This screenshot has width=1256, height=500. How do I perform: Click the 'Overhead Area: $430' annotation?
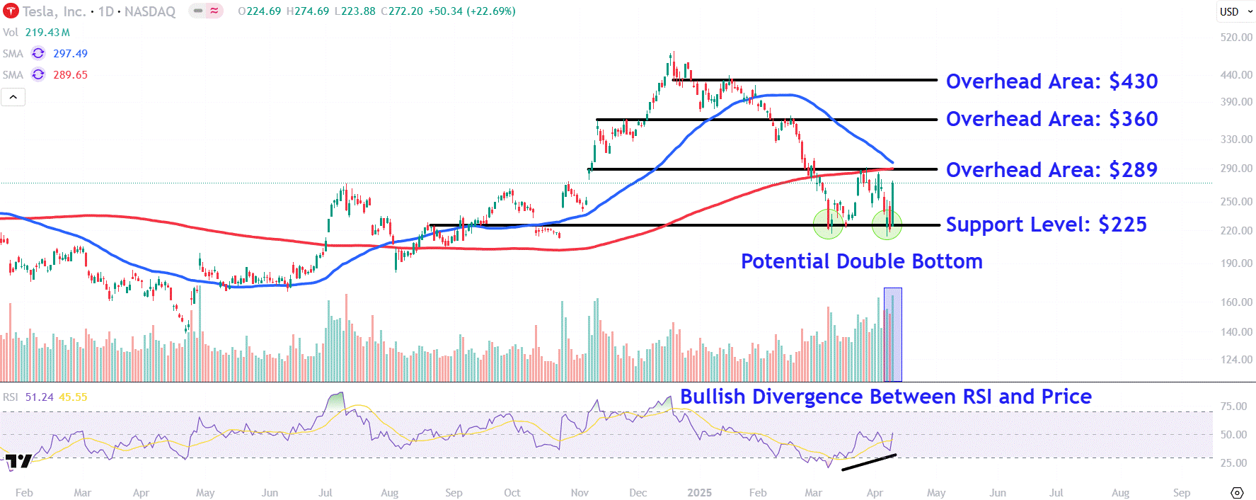click(x=1052, y=81)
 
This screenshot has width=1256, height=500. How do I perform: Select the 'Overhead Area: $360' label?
click(x=1052, y=119)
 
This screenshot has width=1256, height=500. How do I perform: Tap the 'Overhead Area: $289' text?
click(x=1052, y=170)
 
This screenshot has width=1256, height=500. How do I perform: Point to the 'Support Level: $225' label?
click(x=1046, y=225)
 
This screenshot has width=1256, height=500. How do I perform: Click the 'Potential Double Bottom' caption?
click(x=861, y=261)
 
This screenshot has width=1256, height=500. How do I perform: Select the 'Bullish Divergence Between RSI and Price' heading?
click(x=885, y=397)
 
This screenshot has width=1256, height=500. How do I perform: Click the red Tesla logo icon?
click(x=11, y=11)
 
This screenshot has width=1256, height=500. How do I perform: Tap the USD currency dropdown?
click(x=1235, y=11)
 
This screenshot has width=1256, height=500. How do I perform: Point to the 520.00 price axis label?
click(x=1235, y=37)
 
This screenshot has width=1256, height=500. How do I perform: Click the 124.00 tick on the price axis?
click(x=1235, y=360)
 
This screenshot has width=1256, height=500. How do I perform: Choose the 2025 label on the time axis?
click(x=699, y=493)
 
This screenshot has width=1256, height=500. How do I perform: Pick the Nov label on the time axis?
click(x=580, y=493)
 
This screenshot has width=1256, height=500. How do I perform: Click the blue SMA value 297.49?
click(x=70, y=54)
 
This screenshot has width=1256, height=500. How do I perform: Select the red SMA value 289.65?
click(x=70, y=75)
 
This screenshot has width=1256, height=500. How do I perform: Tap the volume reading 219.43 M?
click(x=47, y=33)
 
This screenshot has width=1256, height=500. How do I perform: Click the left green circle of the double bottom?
click(x=829, y=225)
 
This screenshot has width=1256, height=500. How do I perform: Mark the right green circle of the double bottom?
click(x=887, y=225)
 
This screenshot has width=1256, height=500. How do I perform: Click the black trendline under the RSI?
click(x=869, y=462)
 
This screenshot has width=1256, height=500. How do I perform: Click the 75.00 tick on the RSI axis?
click(x=1233, y=407)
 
